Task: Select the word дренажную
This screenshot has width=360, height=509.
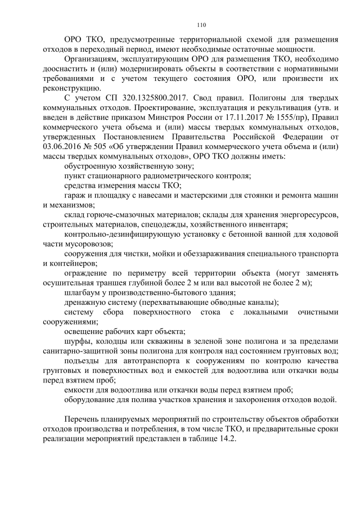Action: coord(85,302)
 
